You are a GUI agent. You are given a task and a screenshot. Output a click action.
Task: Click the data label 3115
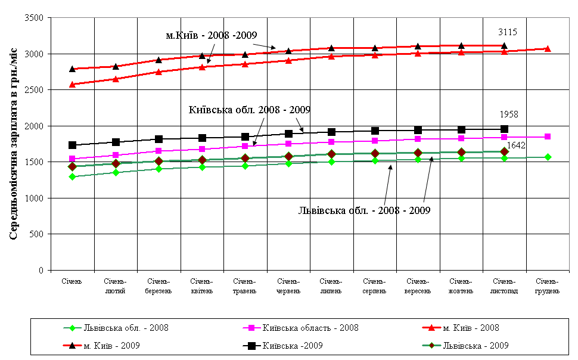508,32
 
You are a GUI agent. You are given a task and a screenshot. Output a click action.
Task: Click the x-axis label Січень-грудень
547,286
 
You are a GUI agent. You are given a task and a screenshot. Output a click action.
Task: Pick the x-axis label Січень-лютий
115,286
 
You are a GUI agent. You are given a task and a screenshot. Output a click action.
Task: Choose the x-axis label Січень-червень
288,286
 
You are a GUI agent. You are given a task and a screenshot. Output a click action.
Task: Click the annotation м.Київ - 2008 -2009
211,35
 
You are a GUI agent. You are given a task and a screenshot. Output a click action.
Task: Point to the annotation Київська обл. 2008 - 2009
250,110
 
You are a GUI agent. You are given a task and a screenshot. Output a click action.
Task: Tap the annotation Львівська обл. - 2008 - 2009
364,210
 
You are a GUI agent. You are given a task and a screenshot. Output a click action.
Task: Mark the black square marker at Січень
73,145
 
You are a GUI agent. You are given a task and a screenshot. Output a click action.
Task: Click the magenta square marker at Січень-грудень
548,136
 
